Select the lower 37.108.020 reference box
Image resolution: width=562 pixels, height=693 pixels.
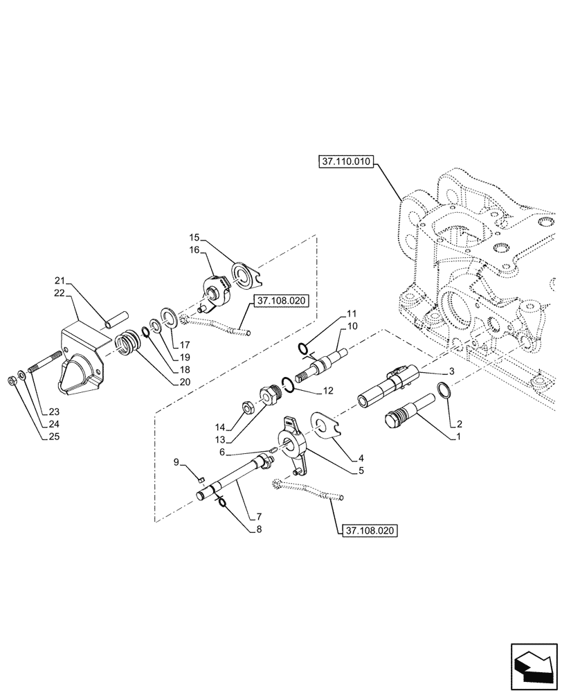[370, 531]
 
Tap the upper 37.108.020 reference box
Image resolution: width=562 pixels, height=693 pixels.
[281, 301]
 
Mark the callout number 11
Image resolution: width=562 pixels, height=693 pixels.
[352, 314]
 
